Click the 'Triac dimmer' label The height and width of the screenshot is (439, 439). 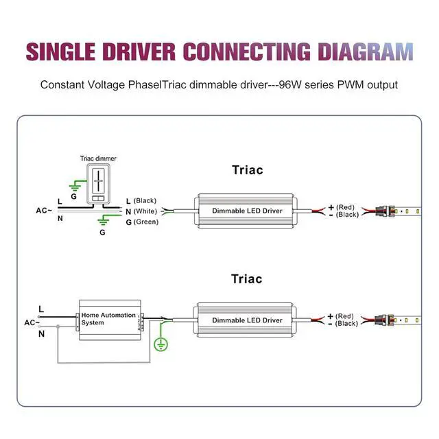(98, 158)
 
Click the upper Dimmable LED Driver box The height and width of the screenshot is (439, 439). (247, 210)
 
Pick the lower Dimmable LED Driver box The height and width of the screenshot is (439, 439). (247, 320)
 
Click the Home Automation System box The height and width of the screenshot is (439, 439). (109, 319)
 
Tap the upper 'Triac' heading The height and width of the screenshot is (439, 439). (247, 170)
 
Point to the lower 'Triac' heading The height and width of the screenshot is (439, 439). (247, 279)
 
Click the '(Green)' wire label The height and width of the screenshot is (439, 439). (145, 222)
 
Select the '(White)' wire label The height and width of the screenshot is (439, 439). (145, 211)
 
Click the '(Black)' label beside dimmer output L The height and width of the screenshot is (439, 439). (145, 200)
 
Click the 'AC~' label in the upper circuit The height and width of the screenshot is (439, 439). (44, 210)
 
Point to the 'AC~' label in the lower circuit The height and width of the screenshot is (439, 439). (32, 322)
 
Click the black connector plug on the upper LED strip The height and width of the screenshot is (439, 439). (381, 210)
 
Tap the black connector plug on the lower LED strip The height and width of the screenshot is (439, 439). (381, 320)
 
